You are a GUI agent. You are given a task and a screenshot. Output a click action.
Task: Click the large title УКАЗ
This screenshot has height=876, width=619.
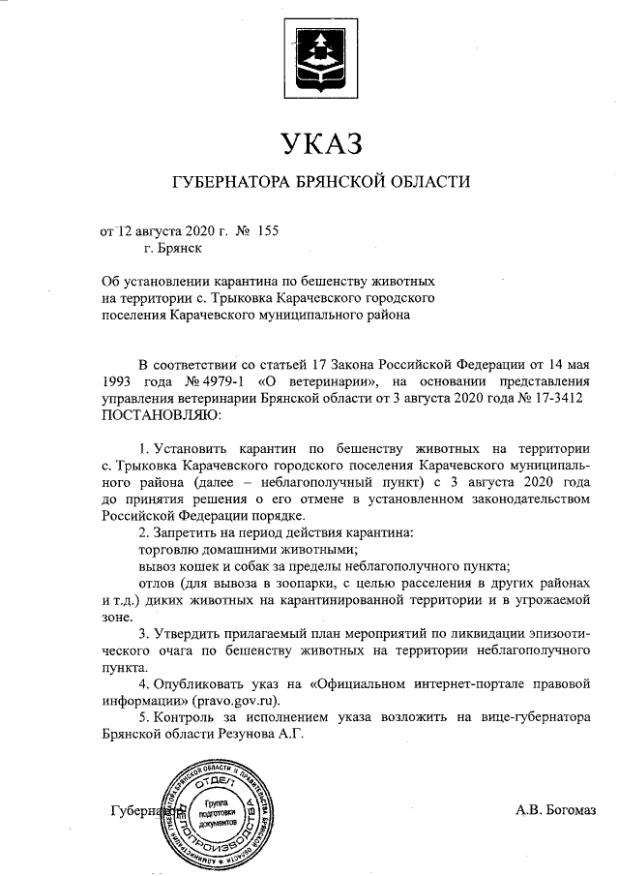(x=320, y=144)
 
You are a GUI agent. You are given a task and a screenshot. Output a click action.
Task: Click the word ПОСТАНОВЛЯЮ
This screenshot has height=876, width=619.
(x=162, y=414)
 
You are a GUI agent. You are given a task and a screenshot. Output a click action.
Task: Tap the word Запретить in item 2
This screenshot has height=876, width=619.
(x=190, y=533)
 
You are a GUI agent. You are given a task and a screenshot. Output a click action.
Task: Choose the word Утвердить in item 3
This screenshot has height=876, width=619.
(x=191, y=633)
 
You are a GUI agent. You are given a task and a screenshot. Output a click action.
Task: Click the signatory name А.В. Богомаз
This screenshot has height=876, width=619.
(x=556, y=808)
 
